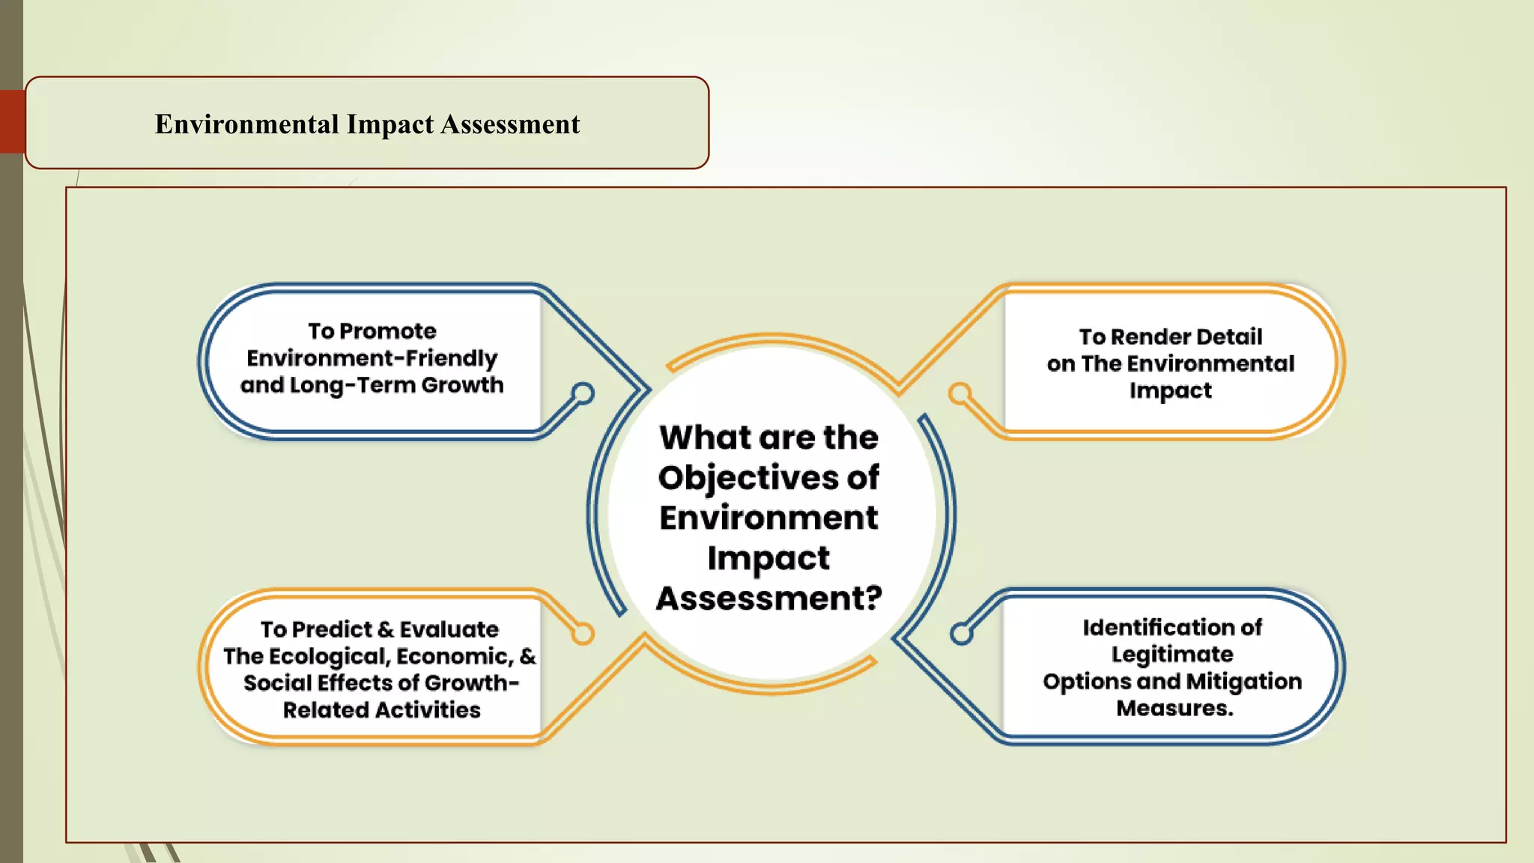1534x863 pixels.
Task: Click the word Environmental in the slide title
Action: tap(247, 124)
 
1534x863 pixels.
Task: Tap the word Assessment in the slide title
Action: tap(510, 124)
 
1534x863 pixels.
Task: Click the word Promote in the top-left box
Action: tap(398, 331)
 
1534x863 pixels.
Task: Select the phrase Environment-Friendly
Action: tap(372, 358)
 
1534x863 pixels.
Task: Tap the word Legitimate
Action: tap(1172, 655)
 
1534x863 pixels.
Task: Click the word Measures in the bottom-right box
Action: tap(1174, 708)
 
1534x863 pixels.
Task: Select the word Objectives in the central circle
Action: tap(750, 478)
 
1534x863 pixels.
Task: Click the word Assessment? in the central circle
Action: tap(769, 599)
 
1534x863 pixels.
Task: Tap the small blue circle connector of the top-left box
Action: tap(583, 393)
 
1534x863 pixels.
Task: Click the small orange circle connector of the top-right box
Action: tap(959, 393)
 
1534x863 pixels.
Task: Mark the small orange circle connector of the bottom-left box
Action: tap(583, 634)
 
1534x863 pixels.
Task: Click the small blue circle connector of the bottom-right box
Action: tap(961, 634)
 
